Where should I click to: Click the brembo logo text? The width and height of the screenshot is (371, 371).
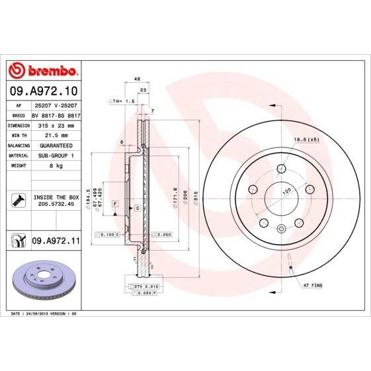[43, 71]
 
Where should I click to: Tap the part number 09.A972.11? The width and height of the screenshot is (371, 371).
[56, 242]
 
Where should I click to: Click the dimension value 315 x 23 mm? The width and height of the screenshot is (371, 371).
[56, 125]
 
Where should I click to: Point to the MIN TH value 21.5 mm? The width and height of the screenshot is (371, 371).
[56, 135]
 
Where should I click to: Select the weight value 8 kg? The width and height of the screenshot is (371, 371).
[56, 166]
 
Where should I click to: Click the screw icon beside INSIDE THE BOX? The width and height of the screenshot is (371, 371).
[19, 200]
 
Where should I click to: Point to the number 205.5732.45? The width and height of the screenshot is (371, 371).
[56, 204]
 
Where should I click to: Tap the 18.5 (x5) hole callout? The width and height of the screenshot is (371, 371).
[306, 140]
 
